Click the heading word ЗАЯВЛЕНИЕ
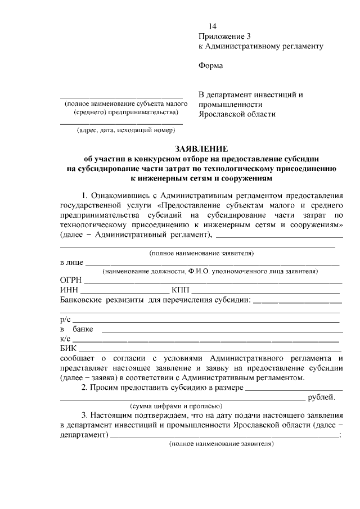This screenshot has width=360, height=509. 201,149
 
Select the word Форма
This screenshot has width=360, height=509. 210,66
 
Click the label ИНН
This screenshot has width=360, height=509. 69,290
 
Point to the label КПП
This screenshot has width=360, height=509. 181,290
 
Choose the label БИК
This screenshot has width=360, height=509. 67,349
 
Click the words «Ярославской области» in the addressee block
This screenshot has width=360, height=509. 237,114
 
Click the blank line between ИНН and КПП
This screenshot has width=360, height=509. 124,292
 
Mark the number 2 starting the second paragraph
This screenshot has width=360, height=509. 84,388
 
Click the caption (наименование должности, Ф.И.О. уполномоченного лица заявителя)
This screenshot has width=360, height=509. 210,271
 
